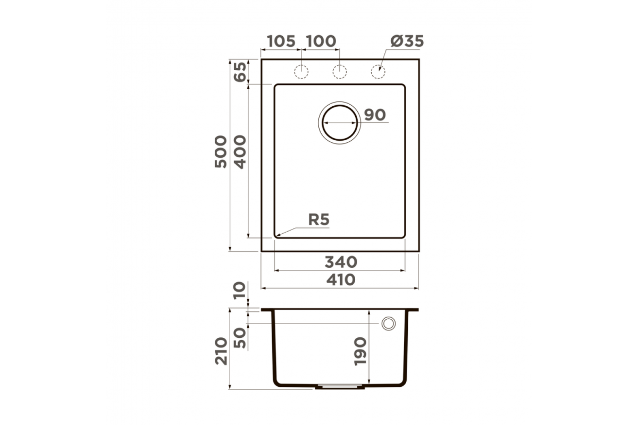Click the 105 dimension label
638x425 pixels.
281,41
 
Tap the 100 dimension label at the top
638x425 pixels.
322,41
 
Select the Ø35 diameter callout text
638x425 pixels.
407,41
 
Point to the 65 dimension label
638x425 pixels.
240,72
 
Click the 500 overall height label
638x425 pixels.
221,152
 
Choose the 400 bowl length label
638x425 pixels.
240,152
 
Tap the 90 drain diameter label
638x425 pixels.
375,115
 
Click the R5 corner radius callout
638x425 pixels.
318,219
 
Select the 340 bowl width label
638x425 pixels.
341,262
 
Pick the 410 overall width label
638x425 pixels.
341,280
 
